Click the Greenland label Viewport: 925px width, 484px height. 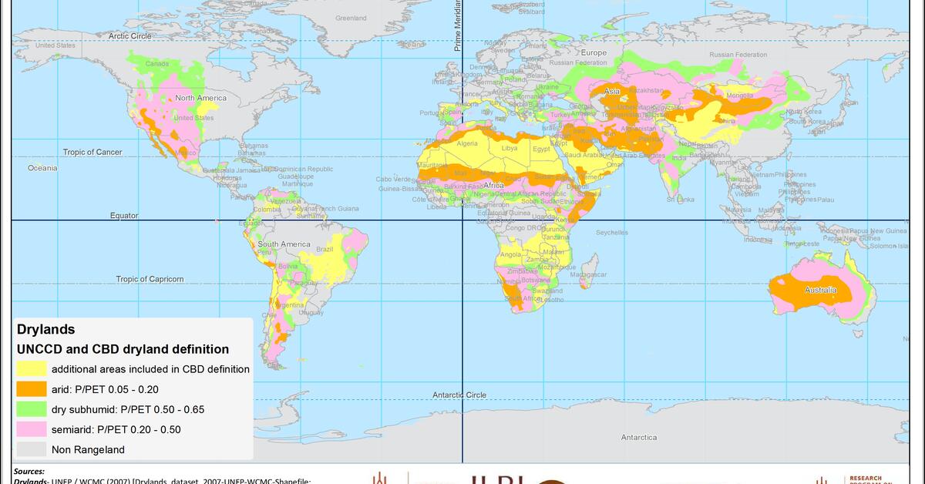coord(351,18)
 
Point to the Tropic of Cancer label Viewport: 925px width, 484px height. coord(92,152)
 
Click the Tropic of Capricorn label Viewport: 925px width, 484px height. coord(150,279)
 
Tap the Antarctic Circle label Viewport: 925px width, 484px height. coord(459,395)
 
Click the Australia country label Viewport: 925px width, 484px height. coord(820,291)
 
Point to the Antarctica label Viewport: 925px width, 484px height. coord(639,437)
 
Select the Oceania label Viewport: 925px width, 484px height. coord(42,167)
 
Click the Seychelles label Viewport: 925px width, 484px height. coord(611,232)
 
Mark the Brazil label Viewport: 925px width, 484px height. coord(325,249)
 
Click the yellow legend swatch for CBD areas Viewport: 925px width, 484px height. coord(31,369)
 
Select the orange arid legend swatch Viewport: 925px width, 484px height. coord(31,389)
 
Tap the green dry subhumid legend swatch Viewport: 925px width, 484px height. coord(31,409)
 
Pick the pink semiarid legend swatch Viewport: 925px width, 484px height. coord(31,429)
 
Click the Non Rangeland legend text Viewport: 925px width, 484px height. coord(87,449)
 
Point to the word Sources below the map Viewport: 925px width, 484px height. coord(29,471)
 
